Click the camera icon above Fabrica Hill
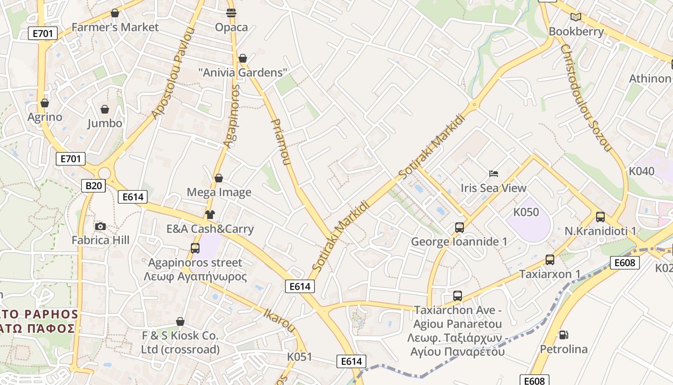click(100, 226)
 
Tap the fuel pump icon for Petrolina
click(563, 334)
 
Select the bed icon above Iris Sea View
click(493, 174)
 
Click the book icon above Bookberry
click(575, 17)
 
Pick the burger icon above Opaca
click(231, 13)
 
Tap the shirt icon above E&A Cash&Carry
click(210, 215)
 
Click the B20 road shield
click(93, 185)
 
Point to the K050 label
click(526, 212)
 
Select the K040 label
click(641, 171)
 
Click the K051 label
click(299, 357)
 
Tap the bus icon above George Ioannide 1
click(460, 227)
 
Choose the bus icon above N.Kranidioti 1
click(600, 217)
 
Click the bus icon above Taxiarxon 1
click(550, 260)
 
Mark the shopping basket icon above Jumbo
click(105, 109)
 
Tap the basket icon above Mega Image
click(219, 178)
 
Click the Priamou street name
click(282, 142)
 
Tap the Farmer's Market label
click(115, 27)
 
